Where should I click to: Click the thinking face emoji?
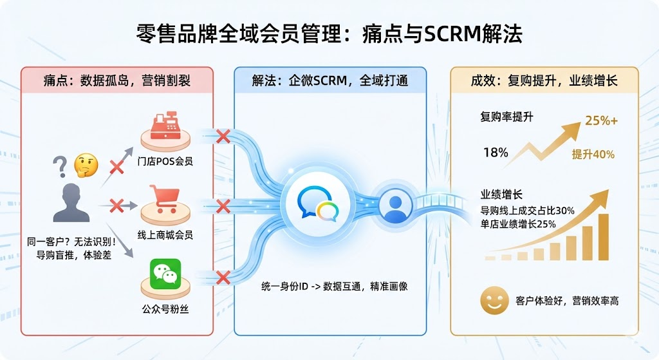tap(86, 165)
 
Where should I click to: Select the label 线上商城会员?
tap(166, 235)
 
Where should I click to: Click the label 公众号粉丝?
tap(166, 309)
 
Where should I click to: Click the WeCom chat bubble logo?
tap(317, 205)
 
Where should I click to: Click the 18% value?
tap(496, 153)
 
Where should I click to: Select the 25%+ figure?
tap(601, 120)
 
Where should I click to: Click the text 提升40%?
tap(593, 155)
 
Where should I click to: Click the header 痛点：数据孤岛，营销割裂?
tap(117, 81)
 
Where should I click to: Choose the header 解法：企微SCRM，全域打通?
tap(329, 81)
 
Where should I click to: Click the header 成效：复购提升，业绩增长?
tap(544, 81)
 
